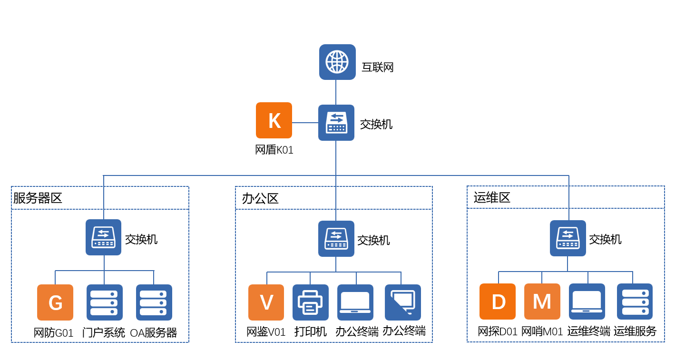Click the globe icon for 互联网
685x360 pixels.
tap(337, 62)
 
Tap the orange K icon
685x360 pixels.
tap(274, 120)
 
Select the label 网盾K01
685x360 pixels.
tap(274, 150)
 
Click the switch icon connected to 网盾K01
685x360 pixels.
tap(336, 123)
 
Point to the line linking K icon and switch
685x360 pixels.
tap(305, 123)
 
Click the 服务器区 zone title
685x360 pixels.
tap(38, 198)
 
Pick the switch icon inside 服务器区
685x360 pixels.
tap(103, 237)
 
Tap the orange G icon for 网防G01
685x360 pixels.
tap(55, 302)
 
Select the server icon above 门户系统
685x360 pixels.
tap(105, 302)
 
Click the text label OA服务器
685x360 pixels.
tap(154, 333)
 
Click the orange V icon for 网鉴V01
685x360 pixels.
tap(266, 302)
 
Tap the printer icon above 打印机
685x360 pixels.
tap(310, 302)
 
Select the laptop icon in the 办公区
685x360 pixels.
tap(355, 302)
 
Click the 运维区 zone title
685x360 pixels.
tap(492, 198)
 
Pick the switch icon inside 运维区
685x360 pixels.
tap(568, 238)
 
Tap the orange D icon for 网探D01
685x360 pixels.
tap(498, 302)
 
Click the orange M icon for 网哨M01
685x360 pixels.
tap(542, 302)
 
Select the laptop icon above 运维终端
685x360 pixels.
tap(587, 302)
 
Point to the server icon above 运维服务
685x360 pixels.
tap(635, 302)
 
